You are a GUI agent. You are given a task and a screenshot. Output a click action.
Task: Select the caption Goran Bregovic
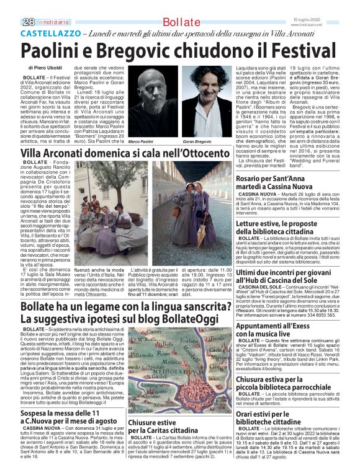(197, 143)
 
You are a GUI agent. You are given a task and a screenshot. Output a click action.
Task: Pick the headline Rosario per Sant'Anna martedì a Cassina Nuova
(284, 183)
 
